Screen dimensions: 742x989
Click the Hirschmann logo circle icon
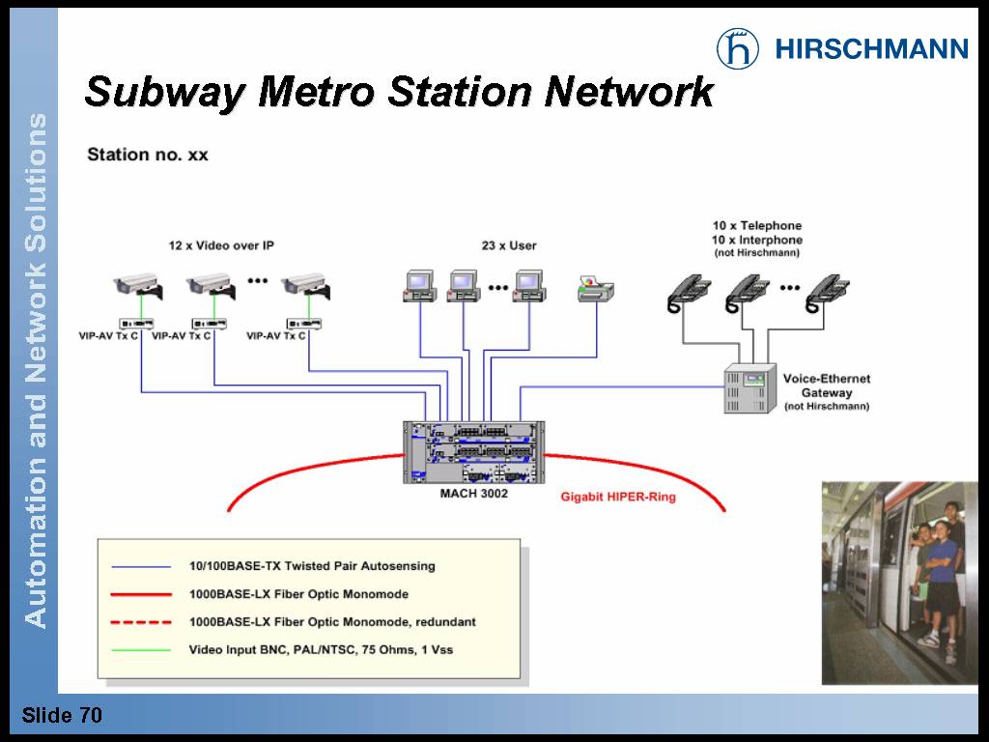(738, 47)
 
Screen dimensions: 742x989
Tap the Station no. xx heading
(148, 155)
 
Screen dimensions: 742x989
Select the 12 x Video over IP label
(221, 245)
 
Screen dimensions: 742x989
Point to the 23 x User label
(509, 245)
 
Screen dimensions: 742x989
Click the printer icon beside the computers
(596, 288)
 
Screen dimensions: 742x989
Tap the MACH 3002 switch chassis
(473, 452)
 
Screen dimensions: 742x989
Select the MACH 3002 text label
(467, 494)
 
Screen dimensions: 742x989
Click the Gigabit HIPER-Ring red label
(618, 498)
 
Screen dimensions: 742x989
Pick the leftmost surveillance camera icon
(137, 284)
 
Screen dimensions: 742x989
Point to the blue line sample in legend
(141, 566)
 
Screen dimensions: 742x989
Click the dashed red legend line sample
(141, 622)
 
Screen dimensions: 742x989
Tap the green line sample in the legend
(141, 650)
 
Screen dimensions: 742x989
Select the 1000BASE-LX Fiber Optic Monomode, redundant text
(332, 622)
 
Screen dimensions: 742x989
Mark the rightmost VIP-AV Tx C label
(276, 336)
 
